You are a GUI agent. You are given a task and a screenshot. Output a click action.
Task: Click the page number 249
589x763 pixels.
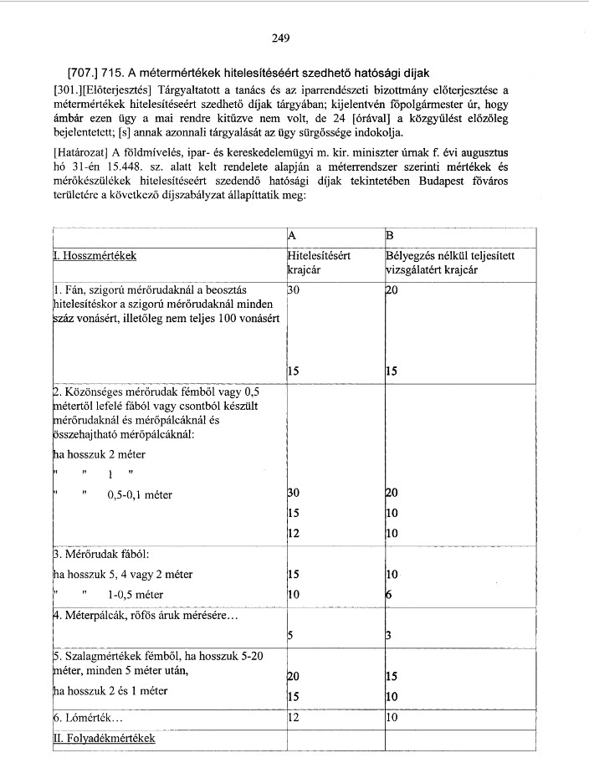click(x=280, y=38)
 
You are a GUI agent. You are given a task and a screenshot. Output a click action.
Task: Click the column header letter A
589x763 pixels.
click(x=291, y=234)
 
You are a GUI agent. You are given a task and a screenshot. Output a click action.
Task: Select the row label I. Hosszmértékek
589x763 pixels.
click(x=95, y=255)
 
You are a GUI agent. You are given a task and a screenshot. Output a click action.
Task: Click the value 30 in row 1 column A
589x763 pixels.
click(x=293, y=289)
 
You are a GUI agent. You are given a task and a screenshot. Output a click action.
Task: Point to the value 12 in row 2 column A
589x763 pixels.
click(x=293, y=533)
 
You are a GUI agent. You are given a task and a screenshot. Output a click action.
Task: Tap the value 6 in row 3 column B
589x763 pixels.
click(x=388, y=595)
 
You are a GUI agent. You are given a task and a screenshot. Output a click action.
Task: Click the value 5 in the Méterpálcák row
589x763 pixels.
click(x=290, y=634)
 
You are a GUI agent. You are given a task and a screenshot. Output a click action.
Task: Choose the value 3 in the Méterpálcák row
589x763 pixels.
click(x=388, y=634)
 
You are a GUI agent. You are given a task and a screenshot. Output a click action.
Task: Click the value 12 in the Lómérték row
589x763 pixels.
click(x=293, y=718)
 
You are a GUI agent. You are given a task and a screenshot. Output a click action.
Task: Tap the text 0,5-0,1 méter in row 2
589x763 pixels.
click(x=140, y=495)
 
